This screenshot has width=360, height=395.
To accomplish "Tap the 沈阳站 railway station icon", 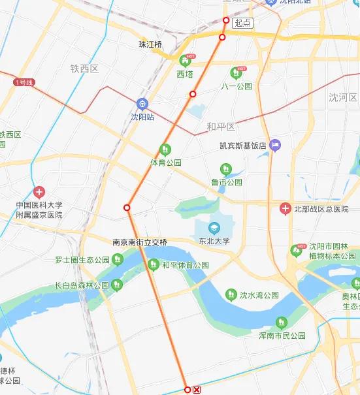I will click(x=142, y=104).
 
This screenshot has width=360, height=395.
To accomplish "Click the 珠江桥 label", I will click(x=150, y=44).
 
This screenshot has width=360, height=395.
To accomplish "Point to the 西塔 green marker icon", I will click(x=186, y=61).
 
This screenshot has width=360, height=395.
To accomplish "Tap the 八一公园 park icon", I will click(x=236, y=73).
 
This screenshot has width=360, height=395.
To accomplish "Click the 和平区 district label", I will click(x=220, y=126).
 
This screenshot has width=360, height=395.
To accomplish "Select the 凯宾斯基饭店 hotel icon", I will click(x=276, y=144).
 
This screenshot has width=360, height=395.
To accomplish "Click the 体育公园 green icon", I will click(x=165, y=150).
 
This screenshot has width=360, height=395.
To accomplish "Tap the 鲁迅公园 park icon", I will click(x=226, y=169).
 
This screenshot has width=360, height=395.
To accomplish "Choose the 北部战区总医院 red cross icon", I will click(x=285, y=209).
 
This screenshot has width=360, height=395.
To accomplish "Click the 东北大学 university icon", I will click(x=213, y=228).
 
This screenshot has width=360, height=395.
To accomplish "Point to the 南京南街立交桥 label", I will click(x=140, y=242).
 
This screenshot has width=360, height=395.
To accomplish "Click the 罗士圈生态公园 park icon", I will click(x=117, y=259).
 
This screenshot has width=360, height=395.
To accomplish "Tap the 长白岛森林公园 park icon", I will click(x=117, y=285).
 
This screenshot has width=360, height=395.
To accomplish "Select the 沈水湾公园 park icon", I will click(x=231, y=295).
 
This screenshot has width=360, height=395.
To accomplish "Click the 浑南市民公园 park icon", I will click(x=282, y=322).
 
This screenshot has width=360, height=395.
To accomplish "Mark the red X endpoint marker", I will click(x=197, y=390).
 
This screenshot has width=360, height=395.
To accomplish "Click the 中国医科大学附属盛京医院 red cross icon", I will click(x=39, y=192).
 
